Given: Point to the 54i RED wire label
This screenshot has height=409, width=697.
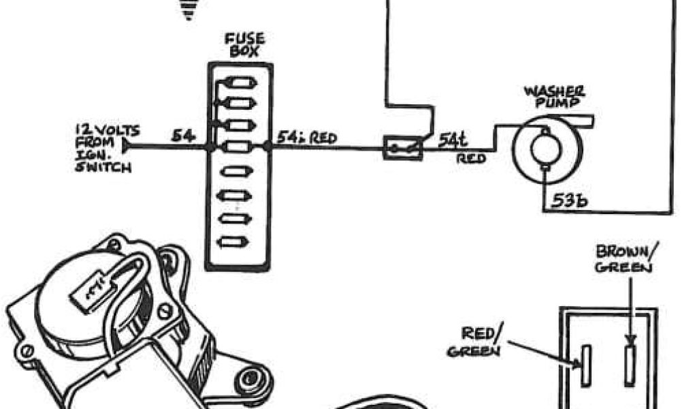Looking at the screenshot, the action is (x=306, y=137).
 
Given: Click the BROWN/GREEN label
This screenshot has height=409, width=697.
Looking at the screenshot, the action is (x=623, y=260).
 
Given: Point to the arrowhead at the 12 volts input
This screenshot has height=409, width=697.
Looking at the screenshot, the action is (x=125, y=146).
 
